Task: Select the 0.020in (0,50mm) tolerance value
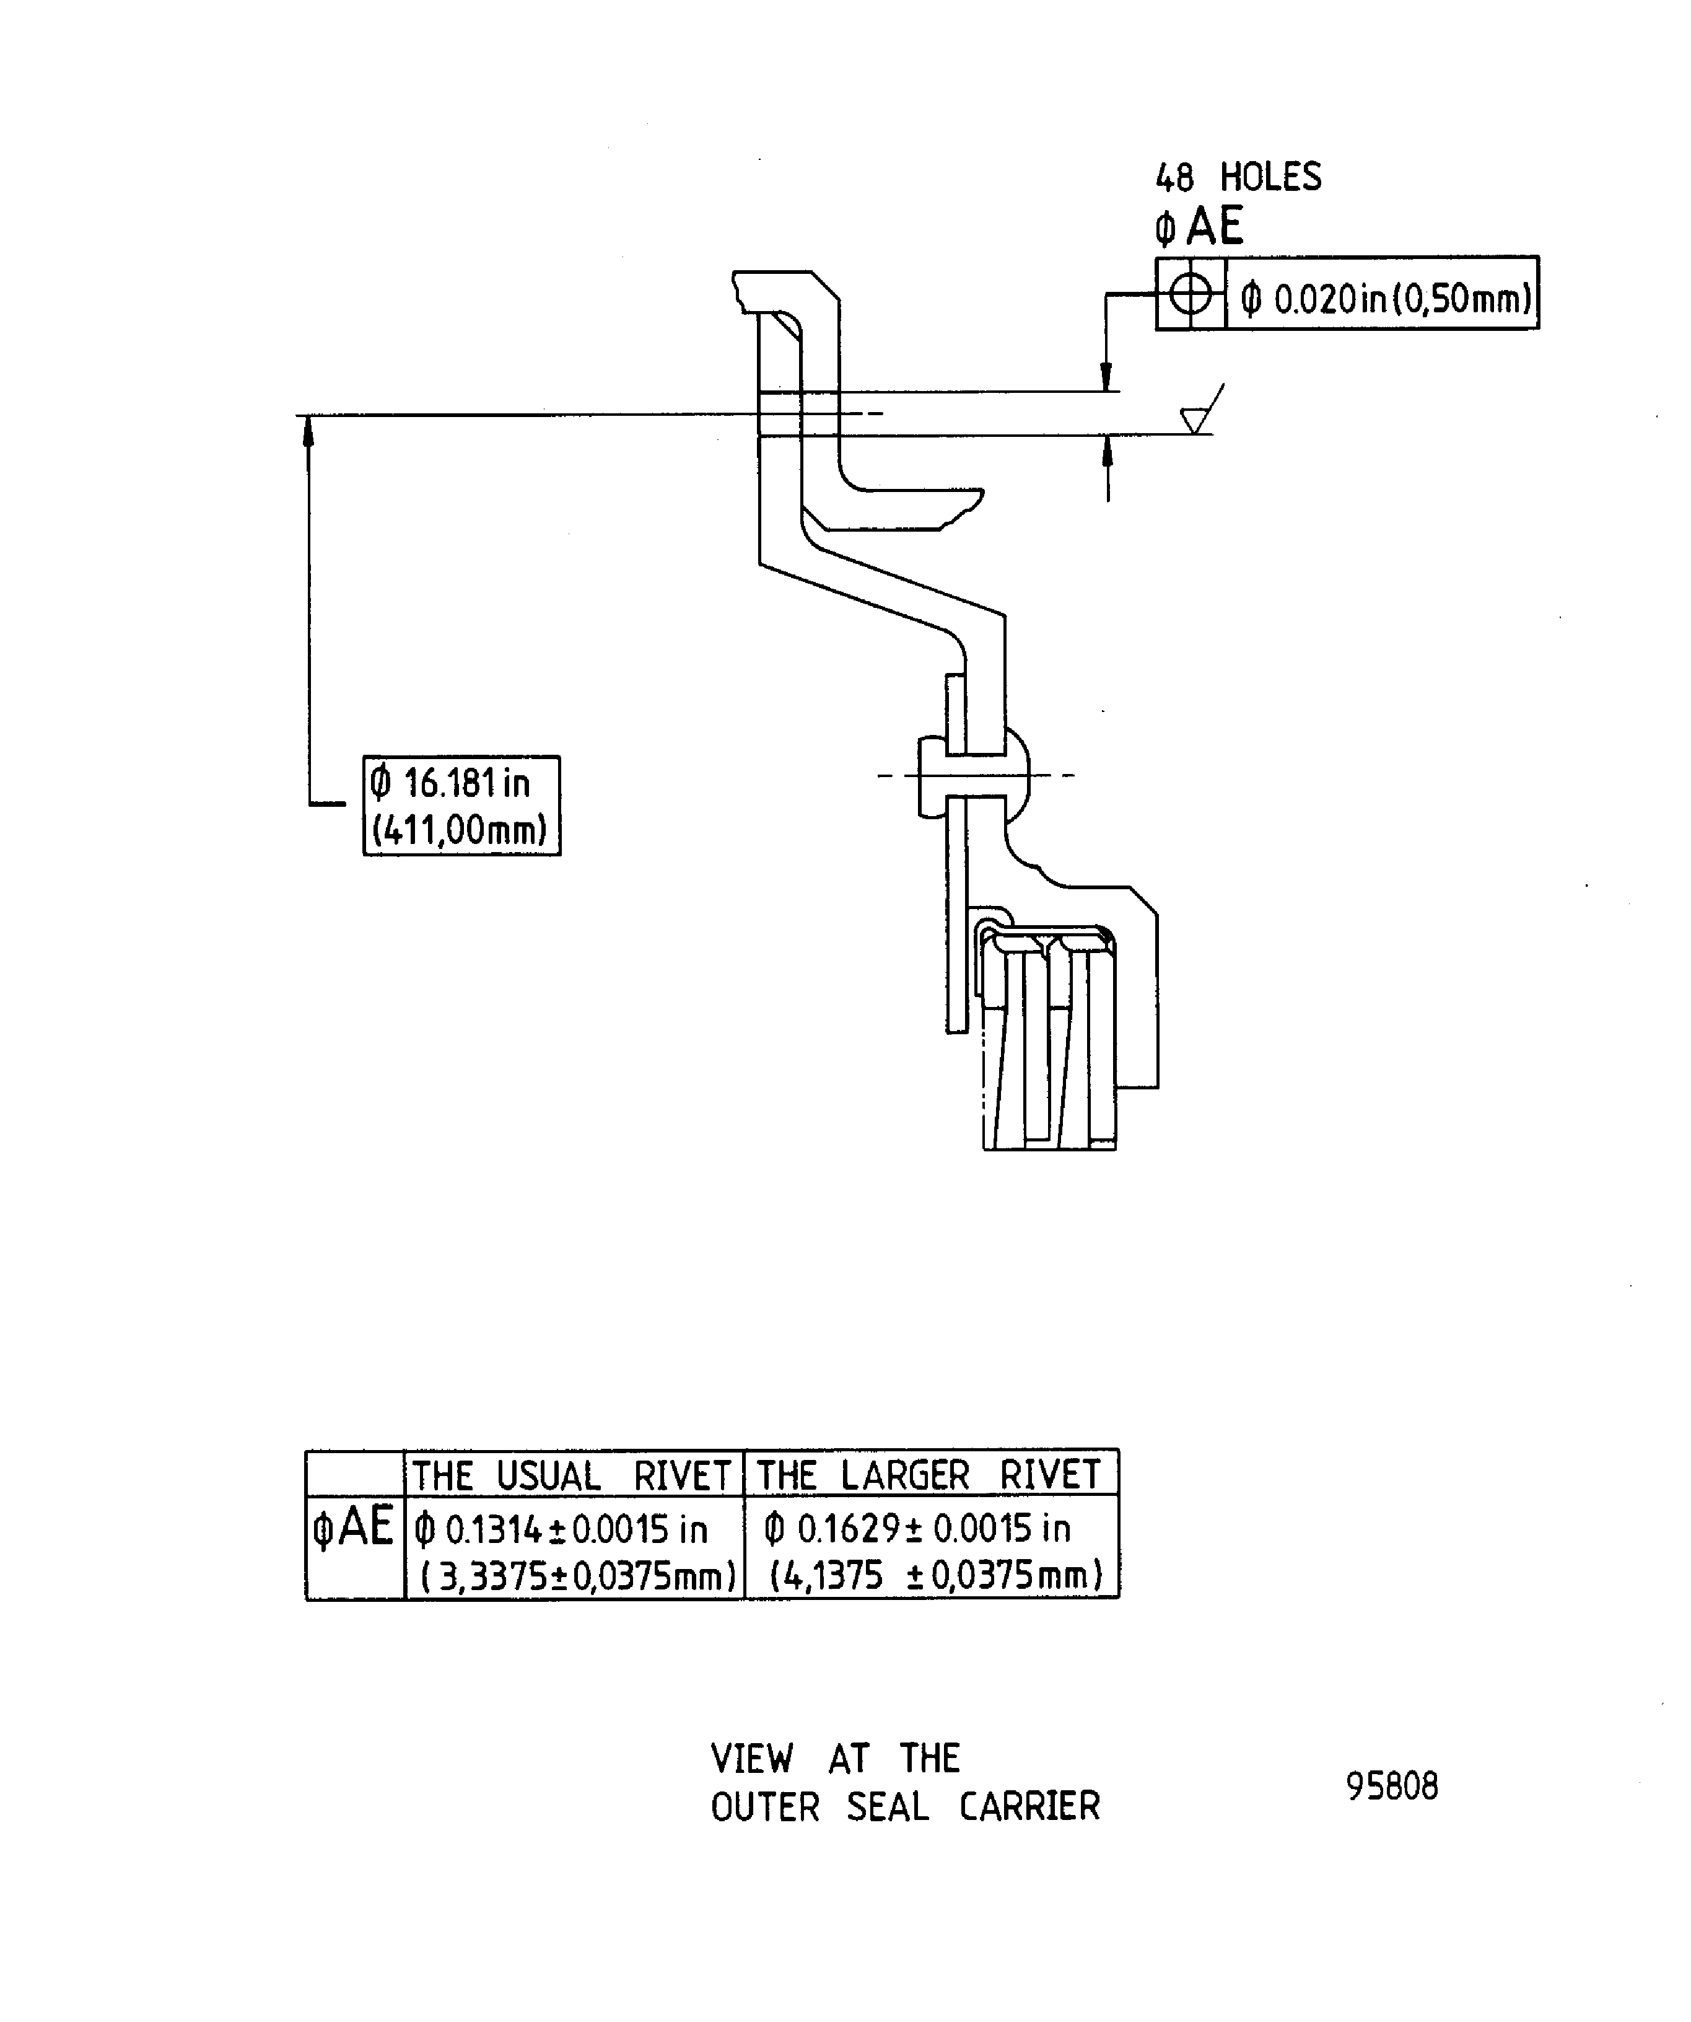pyautogui.click(x=1386, y=299)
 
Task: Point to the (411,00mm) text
pyautogui.click(x=459, y=829)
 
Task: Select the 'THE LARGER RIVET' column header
pyautogui.click(x=929, y=1475)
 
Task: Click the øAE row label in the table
pyautogui.click(x=353, y=1526)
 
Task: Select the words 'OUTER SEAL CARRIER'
pyautogui.click(x=905, y=1808)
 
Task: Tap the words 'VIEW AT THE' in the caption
pyautogui.click(x=836, y=1759)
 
